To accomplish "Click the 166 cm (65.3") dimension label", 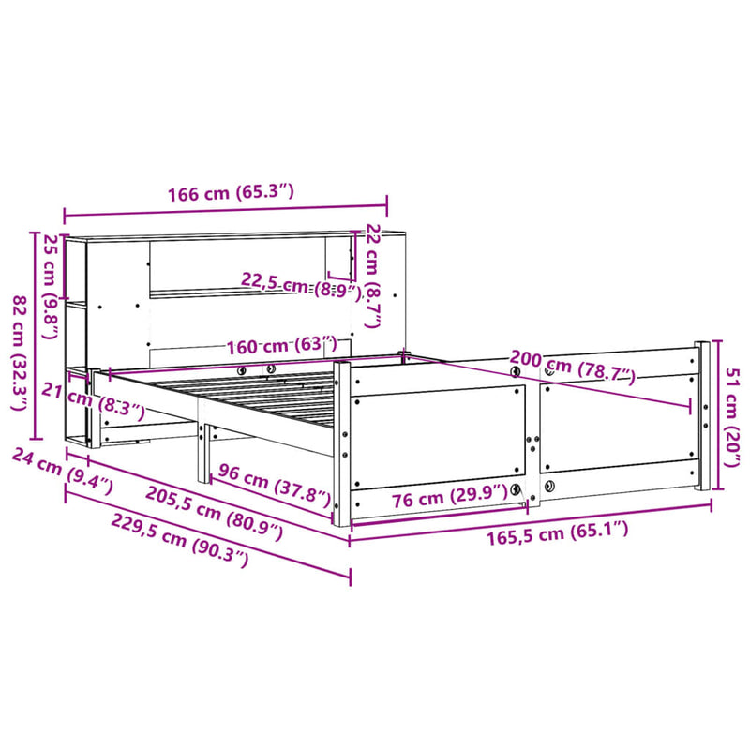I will point(232,194).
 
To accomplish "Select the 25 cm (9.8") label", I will point(50,272).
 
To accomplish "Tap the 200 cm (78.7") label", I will point(572,367).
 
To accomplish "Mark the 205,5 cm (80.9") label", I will point(214,513).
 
